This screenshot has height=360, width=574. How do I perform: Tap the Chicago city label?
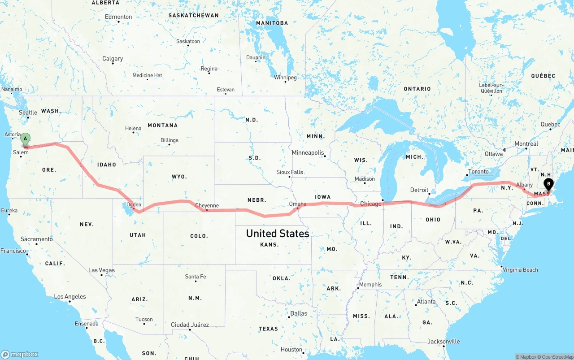[x=370, y=204]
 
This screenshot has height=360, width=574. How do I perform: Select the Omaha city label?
[x=298, y=204]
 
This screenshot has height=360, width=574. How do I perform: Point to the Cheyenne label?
[x=207, y=206]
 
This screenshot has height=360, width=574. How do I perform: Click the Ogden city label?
[x=134, y=205]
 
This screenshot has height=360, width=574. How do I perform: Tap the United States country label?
[x=278, y=234]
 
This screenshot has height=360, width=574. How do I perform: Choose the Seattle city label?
[x=28, y=113]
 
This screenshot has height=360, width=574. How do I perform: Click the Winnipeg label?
[x=285, y=78]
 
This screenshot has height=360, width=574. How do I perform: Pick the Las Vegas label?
[x=101, y=270]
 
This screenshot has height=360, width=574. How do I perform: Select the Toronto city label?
[x=478, y=172]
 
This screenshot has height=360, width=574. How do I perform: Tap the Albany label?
[x=524, y=185]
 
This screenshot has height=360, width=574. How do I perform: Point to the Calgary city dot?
[x=113, y=64]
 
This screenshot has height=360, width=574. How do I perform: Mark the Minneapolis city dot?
[x=325, y=156]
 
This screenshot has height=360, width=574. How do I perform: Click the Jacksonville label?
[x=444, y=342]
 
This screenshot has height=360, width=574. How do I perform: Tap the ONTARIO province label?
[x=417, y=89]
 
